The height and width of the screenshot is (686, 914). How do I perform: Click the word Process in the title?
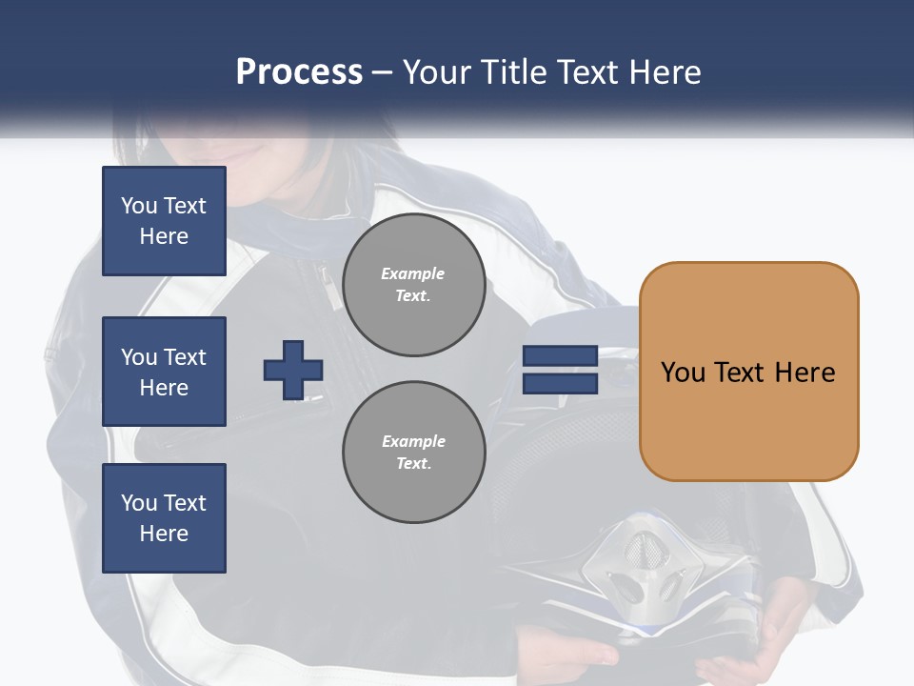[x=299, y=72]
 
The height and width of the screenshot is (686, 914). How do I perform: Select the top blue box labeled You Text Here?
[x=164, y=221]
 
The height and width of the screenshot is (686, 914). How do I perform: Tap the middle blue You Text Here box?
[x=164, y=372]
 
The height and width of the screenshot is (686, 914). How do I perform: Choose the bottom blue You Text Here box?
[x=164, y=518]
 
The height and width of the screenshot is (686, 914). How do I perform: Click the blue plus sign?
[x=293, y=370]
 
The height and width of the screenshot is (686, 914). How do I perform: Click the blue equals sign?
[x=560, y=370]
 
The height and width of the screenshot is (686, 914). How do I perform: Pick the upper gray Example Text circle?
[x=414, y=285]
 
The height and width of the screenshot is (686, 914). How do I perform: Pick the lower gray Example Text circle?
[x=414, y=453]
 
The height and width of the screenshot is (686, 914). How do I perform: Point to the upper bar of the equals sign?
[x=560, y=356]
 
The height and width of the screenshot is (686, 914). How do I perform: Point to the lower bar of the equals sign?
[x=560, y=384]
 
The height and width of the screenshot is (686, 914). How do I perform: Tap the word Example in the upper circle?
[x=413, y=273]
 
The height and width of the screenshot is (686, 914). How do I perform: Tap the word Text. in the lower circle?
[x=413, y=464]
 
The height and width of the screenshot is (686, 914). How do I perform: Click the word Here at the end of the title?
[x=666, y=72]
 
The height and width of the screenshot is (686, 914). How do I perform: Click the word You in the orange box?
[x=682, y=373]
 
